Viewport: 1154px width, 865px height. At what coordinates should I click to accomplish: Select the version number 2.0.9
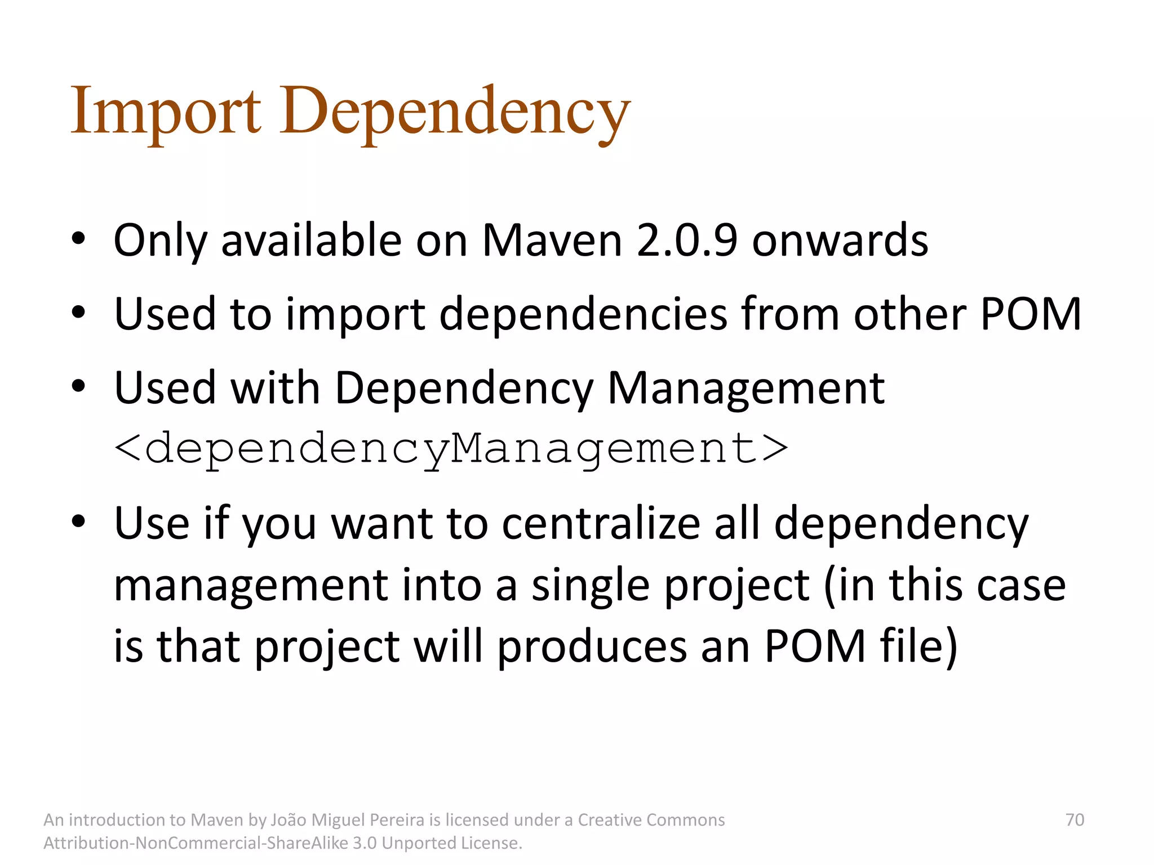tap(686, 240)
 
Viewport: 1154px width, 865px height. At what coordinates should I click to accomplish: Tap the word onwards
tap(840, 240)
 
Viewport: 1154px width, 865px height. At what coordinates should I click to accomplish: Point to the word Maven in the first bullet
tap(552, 240)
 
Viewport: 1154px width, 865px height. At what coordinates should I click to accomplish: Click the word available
tap(311, 240)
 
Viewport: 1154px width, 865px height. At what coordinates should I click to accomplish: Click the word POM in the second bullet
tap(1031, 314)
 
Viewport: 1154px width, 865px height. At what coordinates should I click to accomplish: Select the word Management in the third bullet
tap(745, 388)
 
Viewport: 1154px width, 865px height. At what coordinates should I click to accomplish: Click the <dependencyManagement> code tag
tap(451, 449)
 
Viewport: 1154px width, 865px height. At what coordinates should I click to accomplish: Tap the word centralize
tap(601, 524)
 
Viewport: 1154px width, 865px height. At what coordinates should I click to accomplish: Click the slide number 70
tap(1075, 819)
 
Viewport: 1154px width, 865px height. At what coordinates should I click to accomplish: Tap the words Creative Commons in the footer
tap(651, 820)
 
